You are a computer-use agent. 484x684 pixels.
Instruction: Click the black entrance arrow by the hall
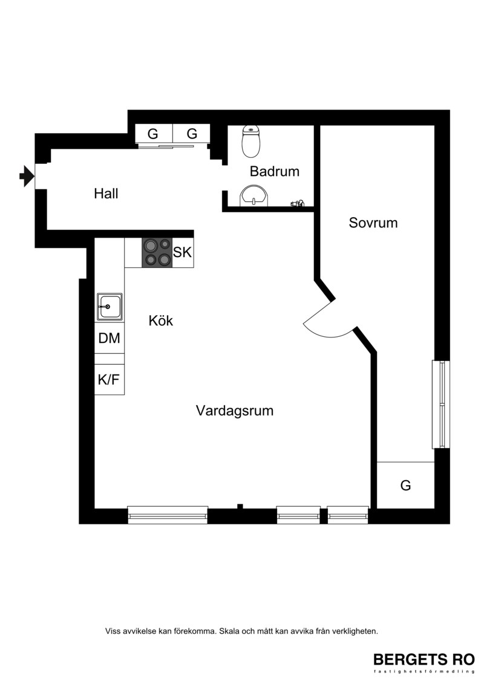[x=27, y=176]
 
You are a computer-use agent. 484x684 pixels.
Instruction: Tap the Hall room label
[x=106, y=194]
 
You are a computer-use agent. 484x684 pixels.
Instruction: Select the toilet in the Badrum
[x=251, y=141]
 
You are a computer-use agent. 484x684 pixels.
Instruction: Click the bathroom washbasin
[x=253, y=196]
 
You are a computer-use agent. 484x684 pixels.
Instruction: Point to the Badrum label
[x=275, y=171]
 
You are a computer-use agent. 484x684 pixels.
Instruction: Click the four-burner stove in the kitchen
[x=157, y=253]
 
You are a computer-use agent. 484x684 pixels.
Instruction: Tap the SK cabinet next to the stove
[x=183, y=253]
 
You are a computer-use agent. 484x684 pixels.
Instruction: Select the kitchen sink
[x=110, y=307]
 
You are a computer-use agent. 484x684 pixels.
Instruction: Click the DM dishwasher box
[x=110, y=338]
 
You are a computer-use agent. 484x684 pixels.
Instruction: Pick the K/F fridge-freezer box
[x=110, y=380]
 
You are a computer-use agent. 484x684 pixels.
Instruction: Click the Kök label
[x=160, y=321]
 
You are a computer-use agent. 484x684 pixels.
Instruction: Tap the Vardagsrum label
[x=235, y=411]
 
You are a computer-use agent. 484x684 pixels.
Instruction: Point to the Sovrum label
[x=373, y=223]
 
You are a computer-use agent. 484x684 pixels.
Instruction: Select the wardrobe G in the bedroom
[x=405, y=485]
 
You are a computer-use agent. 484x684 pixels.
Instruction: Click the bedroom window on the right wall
[x=441, y=404]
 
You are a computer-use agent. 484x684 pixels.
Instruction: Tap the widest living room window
[x=168, y=515]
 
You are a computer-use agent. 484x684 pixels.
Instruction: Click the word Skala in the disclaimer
[x=229, y=631]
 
